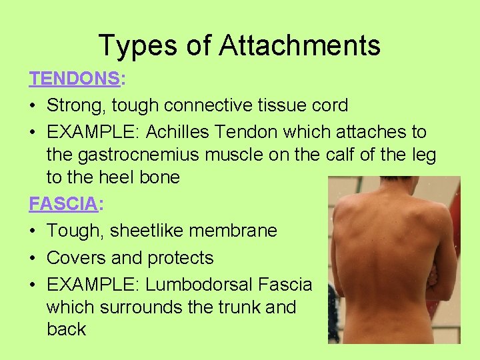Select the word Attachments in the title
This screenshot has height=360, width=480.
(x=299, y=45)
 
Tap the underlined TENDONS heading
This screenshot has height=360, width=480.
(x=74, y=79)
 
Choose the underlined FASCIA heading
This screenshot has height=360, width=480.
(x=63, y=204)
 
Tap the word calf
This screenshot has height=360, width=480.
(x=344, y=155)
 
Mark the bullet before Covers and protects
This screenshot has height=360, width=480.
(x=33, y=258)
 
